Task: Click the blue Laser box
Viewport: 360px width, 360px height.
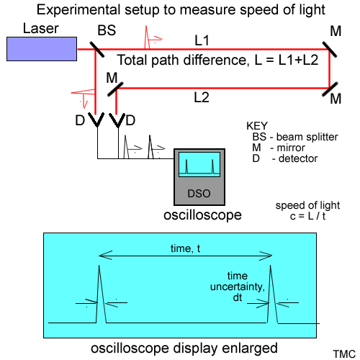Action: click(42, 48)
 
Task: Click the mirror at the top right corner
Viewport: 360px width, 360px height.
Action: click(330, 51)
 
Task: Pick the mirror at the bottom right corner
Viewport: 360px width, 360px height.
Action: click(330, 89)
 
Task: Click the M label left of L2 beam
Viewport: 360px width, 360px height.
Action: click(111, 76)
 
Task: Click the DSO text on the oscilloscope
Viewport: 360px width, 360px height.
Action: click(196, 192)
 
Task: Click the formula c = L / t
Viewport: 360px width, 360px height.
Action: click(295, 215)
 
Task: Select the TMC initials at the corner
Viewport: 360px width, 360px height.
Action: click(343, 354)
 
